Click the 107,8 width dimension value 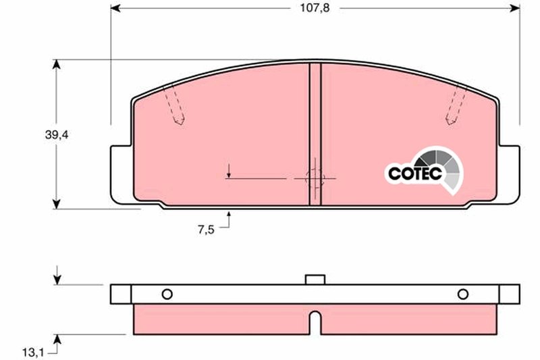point(315,8)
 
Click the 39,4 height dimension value point(57,135)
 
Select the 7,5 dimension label point(206,230)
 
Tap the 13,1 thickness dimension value point(33,353)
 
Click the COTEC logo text point(415,174)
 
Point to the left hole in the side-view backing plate point(167,294)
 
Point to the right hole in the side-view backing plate point(463,294)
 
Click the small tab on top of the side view point(315,280)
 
